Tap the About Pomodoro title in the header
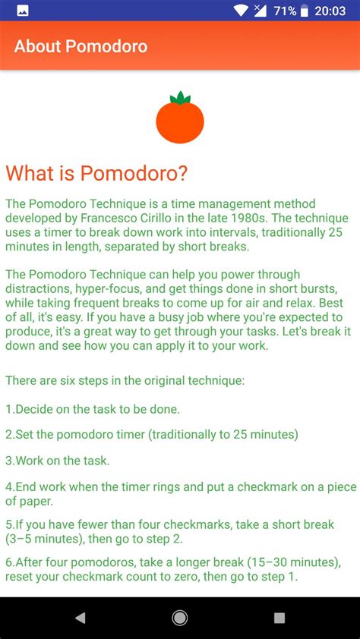[x=81, y=46]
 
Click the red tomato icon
[x=180, y=121]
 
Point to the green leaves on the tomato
[x=180, y=98]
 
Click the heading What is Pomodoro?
[x=96, y=173]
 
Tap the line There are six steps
[x=125, y=380]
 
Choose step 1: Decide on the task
[x=93, y=409]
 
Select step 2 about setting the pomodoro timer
[x=152, y=434]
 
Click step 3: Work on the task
[x=58, y=460]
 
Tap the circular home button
[x=180, y=618]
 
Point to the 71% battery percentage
[x=285, y=11]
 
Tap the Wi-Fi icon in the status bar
[x=241, y=11]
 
